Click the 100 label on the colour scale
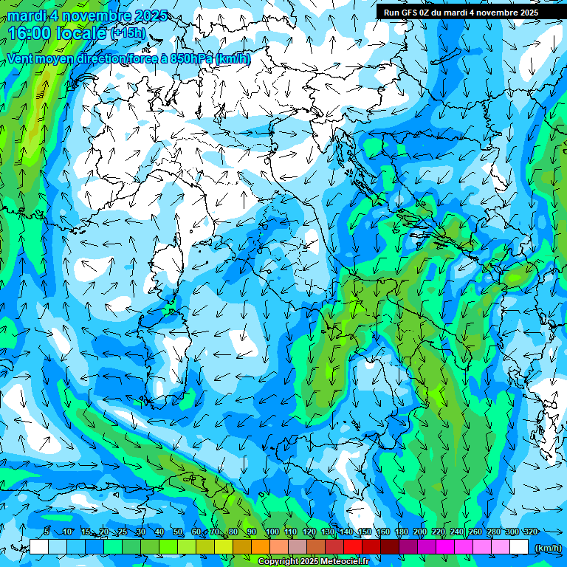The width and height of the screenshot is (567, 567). pos(272,532)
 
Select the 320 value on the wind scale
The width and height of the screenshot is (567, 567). pos(529,532)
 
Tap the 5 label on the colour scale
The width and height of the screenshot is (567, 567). pos(47,532)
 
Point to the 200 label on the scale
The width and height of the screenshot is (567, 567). pos(419,532)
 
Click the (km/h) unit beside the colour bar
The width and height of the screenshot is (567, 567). pos(548,547)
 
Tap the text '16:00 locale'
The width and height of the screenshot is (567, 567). pos(58,33)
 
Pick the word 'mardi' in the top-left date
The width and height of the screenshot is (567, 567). pos(27,16)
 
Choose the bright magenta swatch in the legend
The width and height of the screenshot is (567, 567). pos(445,547)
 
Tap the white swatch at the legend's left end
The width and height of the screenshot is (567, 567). pos(39,547)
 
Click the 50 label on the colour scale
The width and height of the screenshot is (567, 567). pos(178,532)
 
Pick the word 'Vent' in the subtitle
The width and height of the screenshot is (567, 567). pos(21,59)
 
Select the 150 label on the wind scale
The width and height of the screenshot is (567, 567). pos(364,532)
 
